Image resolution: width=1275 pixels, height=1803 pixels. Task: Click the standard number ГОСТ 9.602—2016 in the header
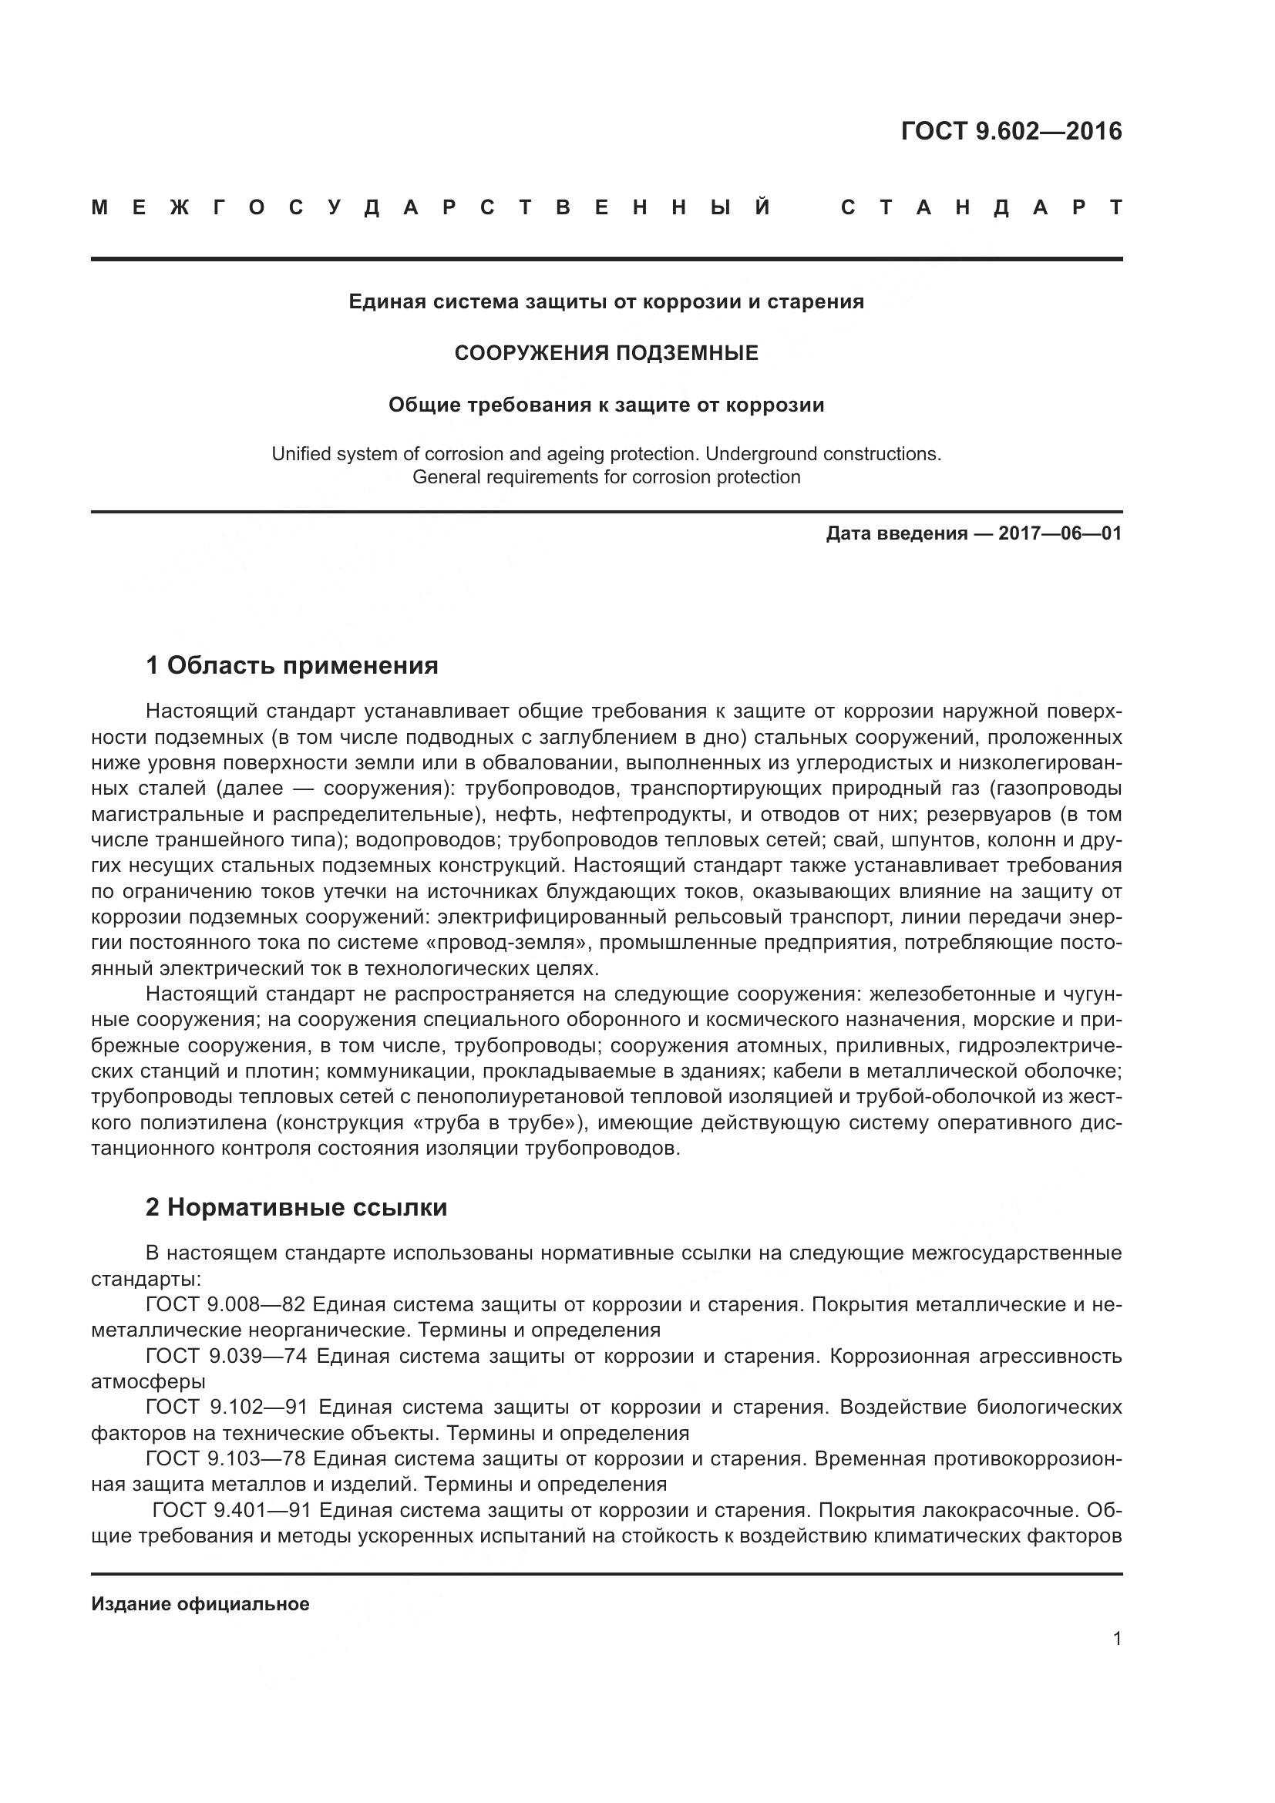[1011, 131]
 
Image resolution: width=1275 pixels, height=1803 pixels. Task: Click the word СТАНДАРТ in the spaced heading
[981, 208]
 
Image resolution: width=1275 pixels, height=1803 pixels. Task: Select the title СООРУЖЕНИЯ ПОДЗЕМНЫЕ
[606, 353]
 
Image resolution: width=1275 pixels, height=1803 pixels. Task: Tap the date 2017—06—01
[1060, 534]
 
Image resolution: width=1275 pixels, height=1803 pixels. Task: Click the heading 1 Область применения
[292, 666]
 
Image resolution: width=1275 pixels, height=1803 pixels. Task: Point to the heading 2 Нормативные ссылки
[296, 1207]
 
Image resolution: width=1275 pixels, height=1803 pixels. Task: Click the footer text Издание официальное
[200, 1604]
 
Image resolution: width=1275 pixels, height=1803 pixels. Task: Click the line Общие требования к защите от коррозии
[606, 405]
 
